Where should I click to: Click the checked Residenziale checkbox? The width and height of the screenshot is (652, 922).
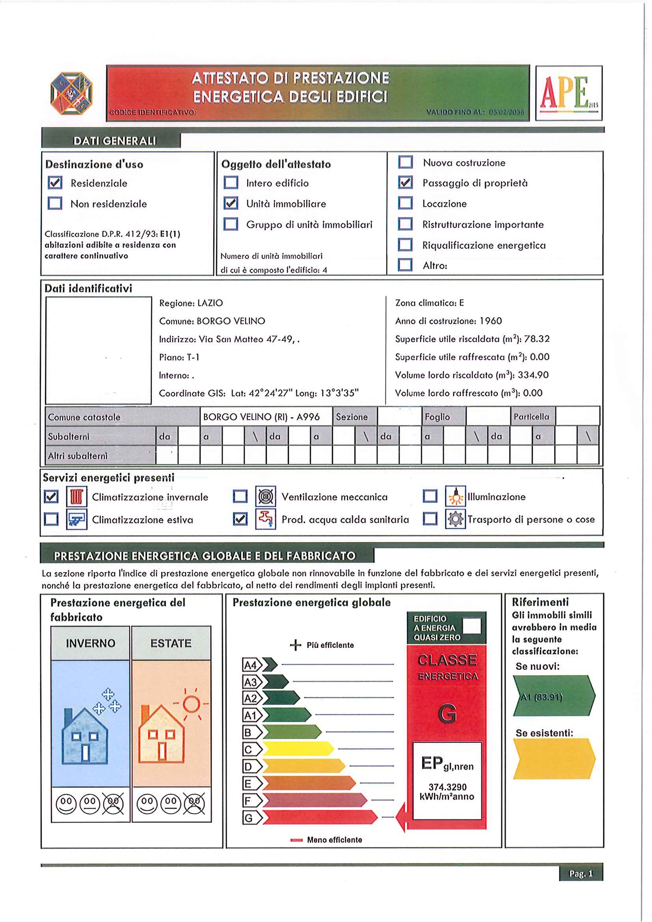55,183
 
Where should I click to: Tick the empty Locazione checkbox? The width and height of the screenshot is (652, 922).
405,203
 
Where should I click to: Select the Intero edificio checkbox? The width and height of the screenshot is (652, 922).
231,183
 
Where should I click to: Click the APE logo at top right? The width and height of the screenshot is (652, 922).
568,93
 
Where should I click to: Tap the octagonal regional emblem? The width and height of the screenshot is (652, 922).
71,93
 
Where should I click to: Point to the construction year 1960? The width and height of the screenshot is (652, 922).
490,321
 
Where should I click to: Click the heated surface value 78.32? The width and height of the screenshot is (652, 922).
537,339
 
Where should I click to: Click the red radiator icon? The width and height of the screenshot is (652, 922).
76,497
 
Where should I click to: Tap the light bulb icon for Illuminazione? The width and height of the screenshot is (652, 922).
455,497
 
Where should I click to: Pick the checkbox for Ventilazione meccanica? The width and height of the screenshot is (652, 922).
240,497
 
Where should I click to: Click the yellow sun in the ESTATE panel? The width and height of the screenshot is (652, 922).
191,704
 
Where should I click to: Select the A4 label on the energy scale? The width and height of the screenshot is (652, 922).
251,665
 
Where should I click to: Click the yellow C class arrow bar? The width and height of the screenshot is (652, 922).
297,749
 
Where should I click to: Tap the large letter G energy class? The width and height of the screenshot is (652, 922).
447,714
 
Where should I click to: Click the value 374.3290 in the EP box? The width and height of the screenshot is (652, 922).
447,787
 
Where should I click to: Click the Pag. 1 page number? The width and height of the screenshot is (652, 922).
581,874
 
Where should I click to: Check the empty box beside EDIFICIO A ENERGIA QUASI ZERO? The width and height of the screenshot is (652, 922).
471,626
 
